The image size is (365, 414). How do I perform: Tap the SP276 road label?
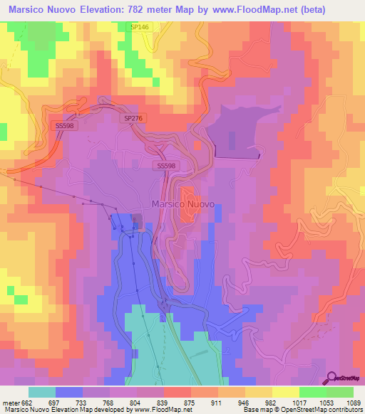coord(132,119)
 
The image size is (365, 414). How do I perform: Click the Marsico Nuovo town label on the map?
coord(183,204)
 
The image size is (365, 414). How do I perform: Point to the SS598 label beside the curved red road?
coord(65,124)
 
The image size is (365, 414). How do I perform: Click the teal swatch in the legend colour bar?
coord(42,392)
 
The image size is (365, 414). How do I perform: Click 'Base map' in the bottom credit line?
coord(255,410)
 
